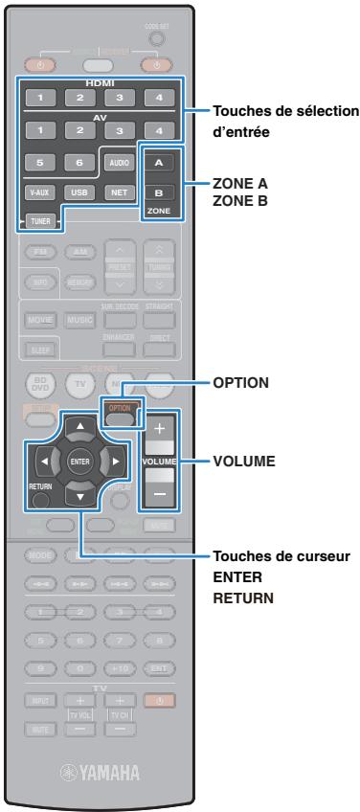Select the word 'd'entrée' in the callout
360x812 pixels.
tap(241, 131)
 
